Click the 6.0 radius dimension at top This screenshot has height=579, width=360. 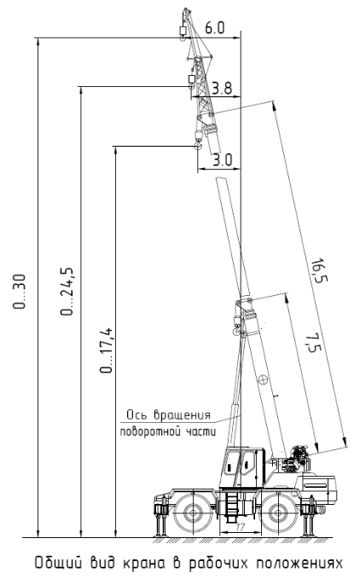pos(214,28)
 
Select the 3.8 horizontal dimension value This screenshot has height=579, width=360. pos(222,88)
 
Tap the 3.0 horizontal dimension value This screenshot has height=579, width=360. pos(223,160)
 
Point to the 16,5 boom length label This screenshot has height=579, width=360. pos(319,271)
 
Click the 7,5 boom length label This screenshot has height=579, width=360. pos(311,343)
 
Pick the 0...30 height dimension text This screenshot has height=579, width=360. pos(20,292)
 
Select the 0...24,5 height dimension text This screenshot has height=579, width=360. pos(67,291)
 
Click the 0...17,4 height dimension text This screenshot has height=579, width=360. pos(107,350)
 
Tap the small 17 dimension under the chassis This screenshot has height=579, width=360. pos(240,527)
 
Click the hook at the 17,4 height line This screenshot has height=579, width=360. pos(198,146)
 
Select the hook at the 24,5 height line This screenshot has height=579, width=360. pos(191,86)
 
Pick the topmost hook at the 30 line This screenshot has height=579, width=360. pos(182,38)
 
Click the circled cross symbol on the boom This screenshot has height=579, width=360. pos(263,379)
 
